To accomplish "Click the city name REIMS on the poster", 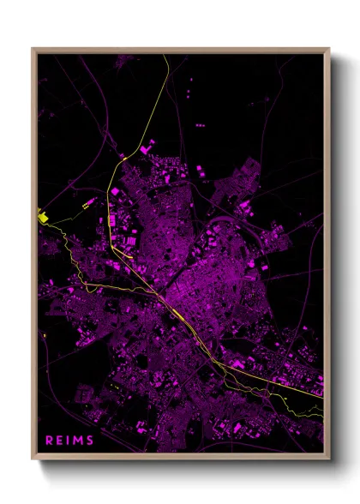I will click(70, 440).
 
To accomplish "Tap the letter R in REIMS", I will click(49, 440).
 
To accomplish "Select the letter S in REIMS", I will click(91, 440).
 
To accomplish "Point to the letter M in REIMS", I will click(79, 440).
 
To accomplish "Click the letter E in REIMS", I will click(59, 440).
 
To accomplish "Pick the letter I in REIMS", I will click(69, 440).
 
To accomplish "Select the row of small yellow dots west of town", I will click(87, 204).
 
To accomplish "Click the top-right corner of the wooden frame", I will click(328, 49).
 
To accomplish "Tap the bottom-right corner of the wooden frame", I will click(328, 459).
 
